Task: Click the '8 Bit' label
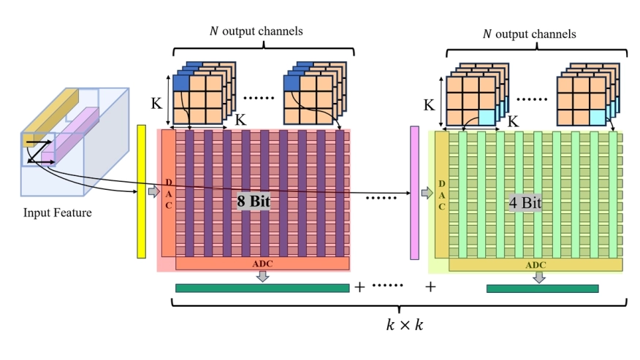tap(254, 202)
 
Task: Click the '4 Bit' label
tap(525, 203)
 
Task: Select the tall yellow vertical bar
tap(141, 191)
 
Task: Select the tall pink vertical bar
tap(414, 192)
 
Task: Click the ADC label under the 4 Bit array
tap(536, 264)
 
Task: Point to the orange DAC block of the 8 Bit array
tap(169, 194)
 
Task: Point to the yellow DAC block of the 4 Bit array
tap(441, 194)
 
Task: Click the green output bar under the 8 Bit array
tap(262, 288)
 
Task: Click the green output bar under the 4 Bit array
tap(542, 288)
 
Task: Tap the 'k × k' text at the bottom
tap(404, 326)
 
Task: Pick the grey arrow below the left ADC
tap(264, 275)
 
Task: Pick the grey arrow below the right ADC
tap(540, 277)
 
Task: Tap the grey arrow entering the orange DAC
tap(153, 191)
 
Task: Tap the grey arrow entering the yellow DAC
tap(427, 193)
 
